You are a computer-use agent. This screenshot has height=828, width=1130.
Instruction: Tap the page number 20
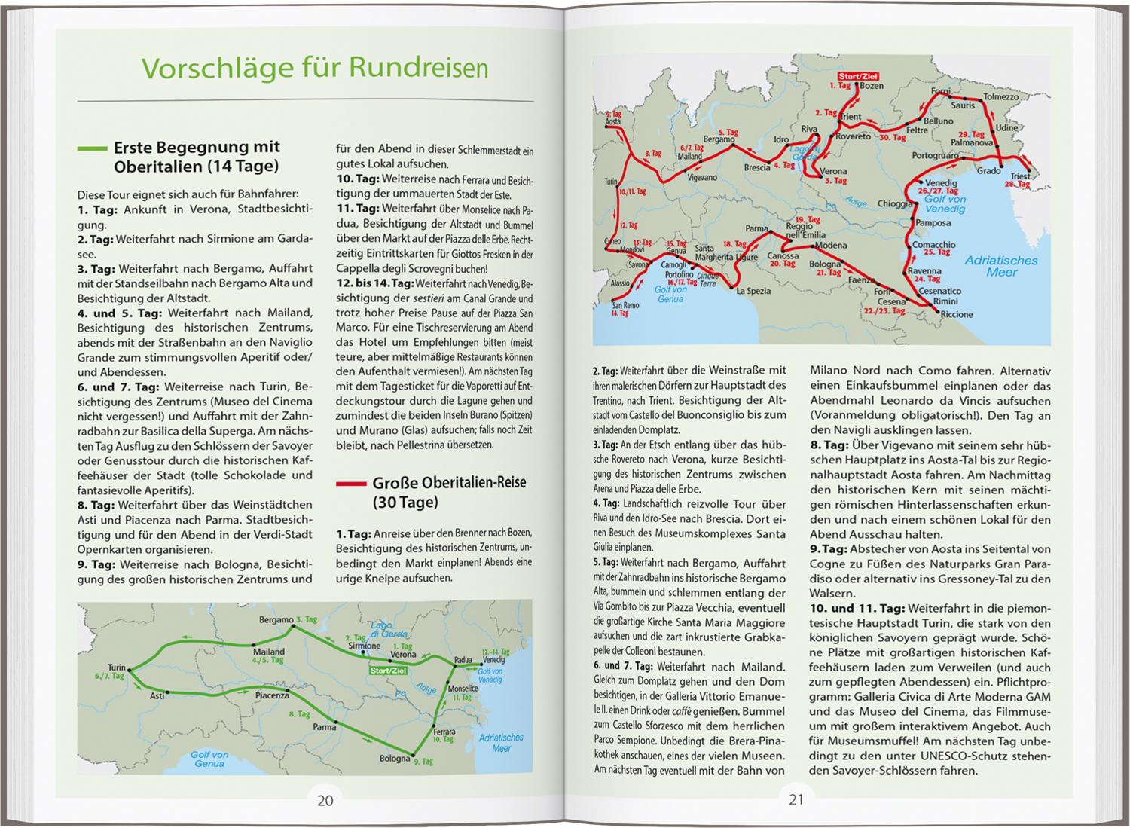325,800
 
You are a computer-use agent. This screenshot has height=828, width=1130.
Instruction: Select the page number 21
796,800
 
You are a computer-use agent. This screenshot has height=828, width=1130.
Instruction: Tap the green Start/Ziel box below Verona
388,670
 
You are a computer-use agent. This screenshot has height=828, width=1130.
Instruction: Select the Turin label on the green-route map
117,668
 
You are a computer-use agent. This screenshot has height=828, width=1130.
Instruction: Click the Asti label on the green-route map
157,695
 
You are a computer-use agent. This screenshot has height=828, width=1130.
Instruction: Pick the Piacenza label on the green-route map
272,695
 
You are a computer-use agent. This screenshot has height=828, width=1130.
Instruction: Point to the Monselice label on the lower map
463,689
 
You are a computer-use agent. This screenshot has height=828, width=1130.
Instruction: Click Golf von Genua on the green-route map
209,759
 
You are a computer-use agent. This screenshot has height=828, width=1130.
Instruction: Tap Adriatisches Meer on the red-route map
1001,266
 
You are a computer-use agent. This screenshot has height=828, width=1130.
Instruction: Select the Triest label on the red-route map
1020,176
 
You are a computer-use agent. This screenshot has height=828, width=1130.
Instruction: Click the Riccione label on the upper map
957,314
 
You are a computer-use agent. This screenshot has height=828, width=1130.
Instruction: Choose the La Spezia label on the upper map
753,291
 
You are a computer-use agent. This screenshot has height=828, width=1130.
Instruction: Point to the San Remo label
625,305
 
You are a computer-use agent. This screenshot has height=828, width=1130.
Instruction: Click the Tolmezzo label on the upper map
1001,97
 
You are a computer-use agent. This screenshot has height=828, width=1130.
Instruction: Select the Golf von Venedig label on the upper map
945,203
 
